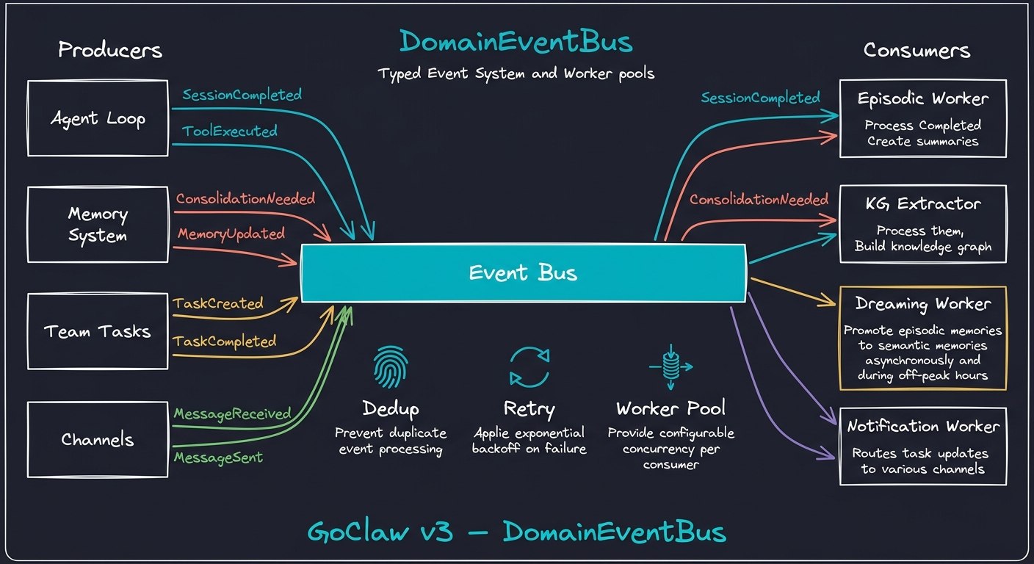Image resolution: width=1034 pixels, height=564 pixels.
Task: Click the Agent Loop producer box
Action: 98,118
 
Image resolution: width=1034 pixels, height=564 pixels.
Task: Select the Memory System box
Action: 98,225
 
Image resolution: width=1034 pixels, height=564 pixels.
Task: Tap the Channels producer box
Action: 98,440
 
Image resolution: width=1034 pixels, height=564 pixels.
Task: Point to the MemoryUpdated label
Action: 231,234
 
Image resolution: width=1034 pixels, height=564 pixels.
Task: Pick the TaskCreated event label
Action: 217,303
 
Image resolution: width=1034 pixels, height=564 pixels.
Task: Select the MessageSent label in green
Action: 218,458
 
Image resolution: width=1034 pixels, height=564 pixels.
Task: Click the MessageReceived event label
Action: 232,414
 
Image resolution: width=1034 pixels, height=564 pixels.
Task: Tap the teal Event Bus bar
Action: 523,273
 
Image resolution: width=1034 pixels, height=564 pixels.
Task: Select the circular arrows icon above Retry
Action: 529,366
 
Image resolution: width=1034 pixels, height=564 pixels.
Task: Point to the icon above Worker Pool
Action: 670,367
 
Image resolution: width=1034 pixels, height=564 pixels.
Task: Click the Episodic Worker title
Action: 922,98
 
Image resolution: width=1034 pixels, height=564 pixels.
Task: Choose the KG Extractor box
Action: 922,224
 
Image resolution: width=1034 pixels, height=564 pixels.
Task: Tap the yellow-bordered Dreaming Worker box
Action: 922,338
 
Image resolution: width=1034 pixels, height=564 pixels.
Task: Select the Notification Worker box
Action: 922,446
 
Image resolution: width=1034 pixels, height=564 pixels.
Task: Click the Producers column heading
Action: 110,50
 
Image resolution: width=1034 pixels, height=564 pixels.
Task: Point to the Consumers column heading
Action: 916,50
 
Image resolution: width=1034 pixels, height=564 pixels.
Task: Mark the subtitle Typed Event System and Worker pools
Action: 516,74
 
